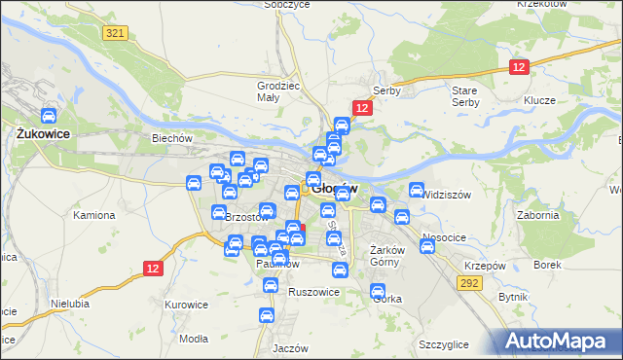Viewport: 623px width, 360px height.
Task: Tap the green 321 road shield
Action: [115, 33]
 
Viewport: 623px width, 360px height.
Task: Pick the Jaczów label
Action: [290, 347]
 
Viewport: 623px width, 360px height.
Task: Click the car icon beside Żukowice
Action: [48, 116]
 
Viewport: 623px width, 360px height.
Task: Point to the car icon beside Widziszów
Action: [416, 191]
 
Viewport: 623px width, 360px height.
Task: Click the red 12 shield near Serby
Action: [361, 108]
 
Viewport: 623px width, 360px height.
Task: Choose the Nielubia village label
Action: [69, 304]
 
